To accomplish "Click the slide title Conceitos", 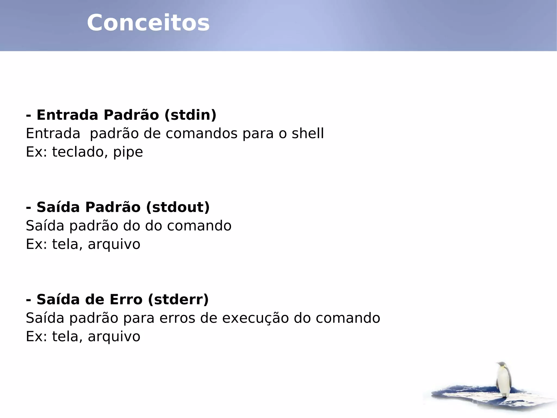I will pos(148,23).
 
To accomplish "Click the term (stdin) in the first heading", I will pos(190,115).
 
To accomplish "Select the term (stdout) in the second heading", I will pos(178,207).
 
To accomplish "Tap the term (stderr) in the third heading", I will pos(178,299).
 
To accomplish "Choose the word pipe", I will pos(128,152).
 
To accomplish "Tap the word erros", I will pos(177,318).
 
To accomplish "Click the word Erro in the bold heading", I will pos(126,299).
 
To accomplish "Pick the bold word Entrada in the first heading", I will pos(67,115).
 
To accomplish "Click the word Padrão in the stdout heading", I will pos(113,207).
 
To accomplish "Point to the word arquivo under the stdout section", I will pos(114,244).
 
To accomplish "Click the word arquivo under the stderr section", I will pos(114,337).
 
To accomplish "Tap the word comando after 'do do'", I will pos(199,225).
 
